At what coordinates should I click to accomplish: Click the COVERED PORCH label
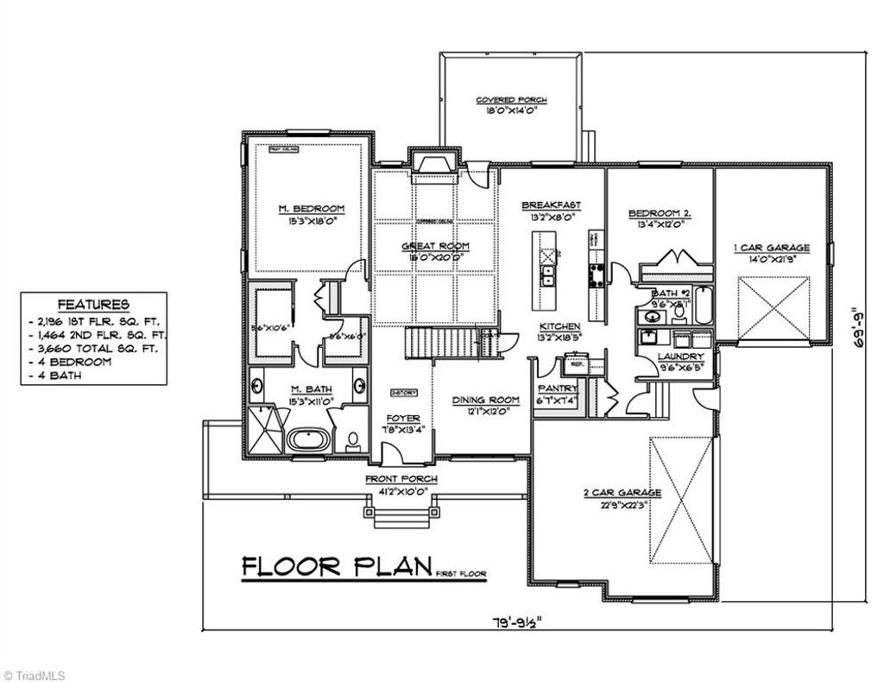pos(511,100)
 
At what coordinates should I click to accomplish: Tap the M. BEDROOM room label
pos(311,209)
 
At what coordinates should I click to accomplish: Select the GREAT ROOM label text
pos(435,246)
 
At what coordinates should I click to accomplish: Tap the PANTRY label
pos(558,389)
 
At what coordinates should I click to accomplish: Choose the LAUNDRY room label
pos(679,356)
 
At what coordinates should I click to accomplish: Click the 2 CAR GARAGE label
pos(622,493)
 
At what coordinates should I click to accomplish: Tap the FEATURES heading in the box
pos(93,305)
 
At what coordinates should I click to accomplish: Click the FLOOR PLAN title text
pos(336,566)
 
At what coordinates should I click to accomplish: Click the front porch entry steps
pos(399,515)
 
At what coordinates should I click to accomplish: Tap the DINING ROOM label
pos(486,400)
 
